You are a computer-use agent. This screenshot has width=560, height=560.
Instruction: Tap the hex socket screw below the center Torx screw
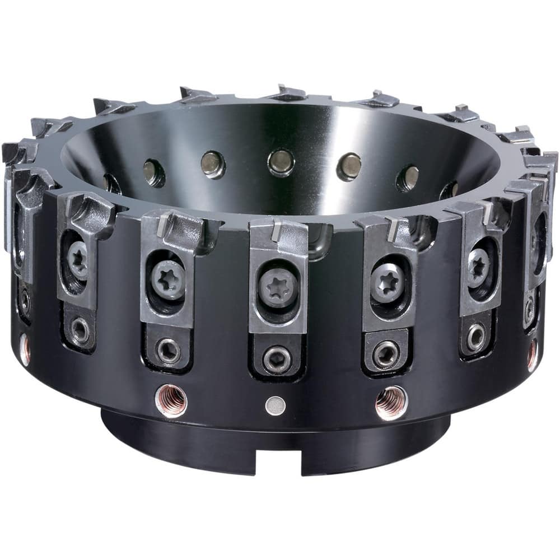click(278, 358)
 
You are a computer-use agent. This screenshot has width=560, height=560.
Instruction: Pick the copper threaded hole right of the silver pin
click(391, 402)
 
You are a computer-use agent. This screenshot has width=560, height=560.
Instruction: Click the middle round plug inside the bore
click(281, 162)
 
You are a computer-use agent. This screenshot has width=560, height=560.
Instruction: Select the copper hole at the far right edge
click(533, 354)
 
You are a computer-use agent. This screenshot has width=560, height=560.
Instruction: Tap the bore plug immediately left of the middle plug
click(213, 164)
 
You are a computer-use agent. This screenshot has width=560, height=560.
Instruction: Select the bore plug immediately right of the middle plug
click(349, 166)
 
